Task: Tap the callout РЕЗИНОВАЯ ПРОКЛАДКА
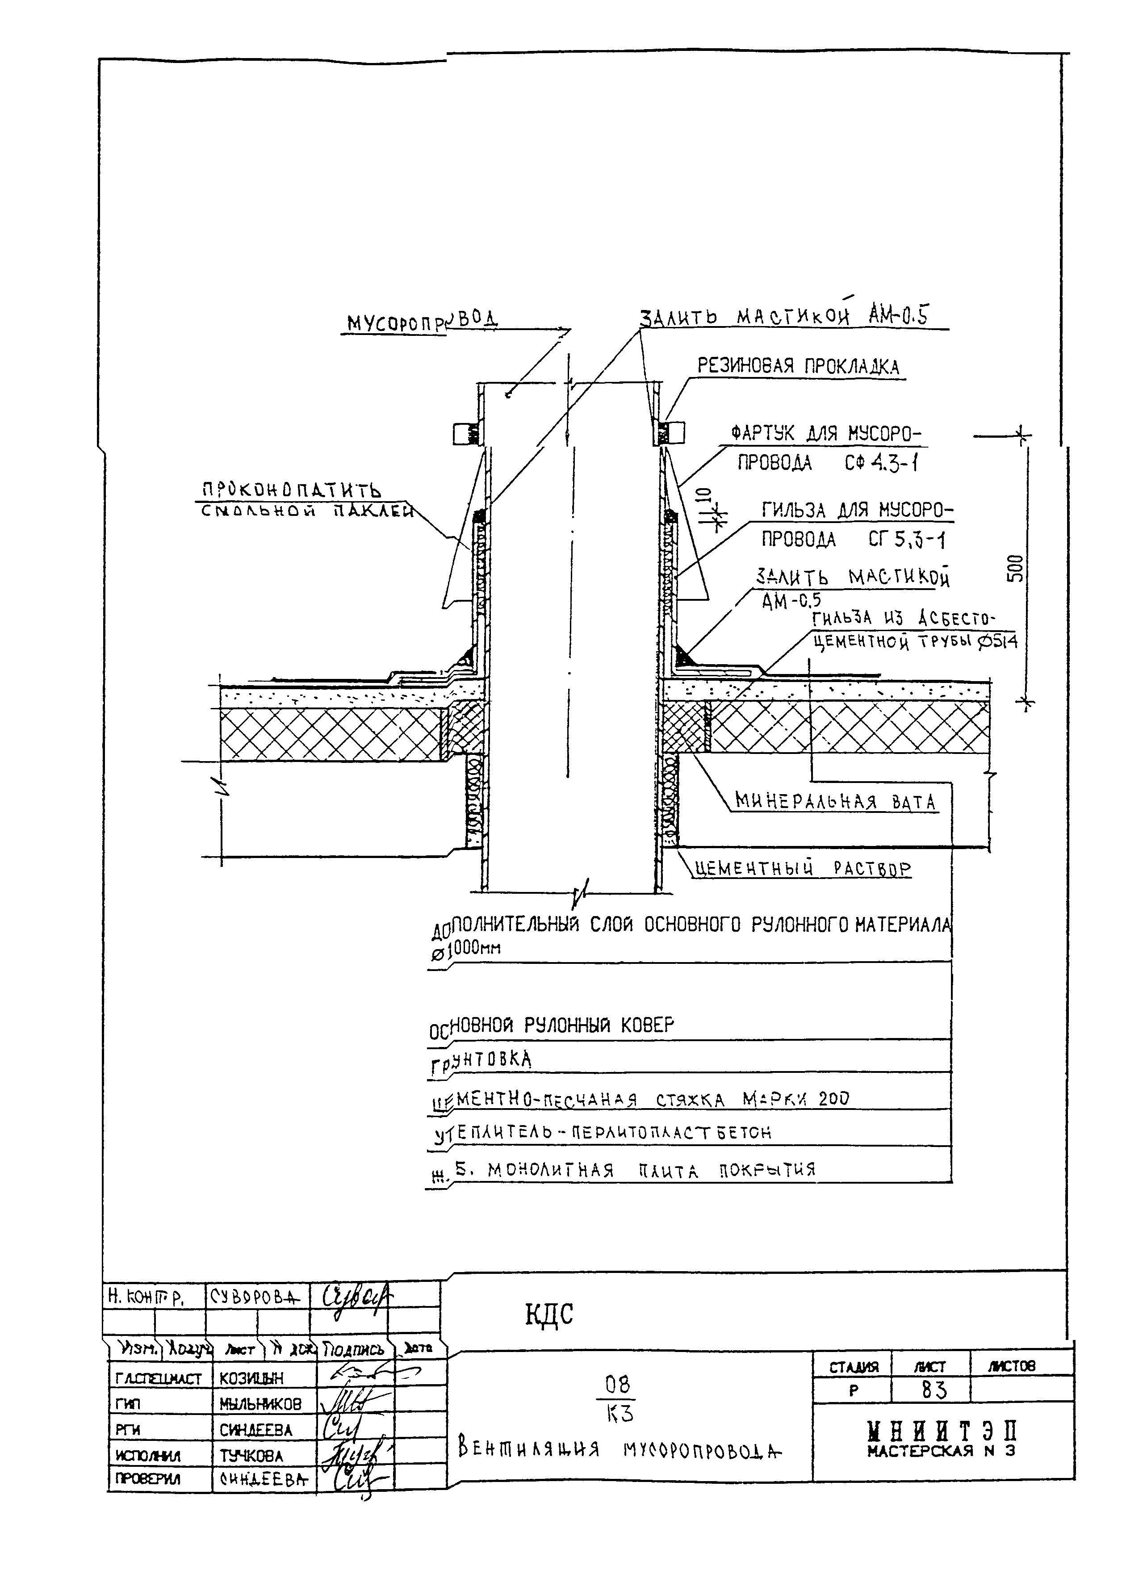(x=798, y=366)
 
